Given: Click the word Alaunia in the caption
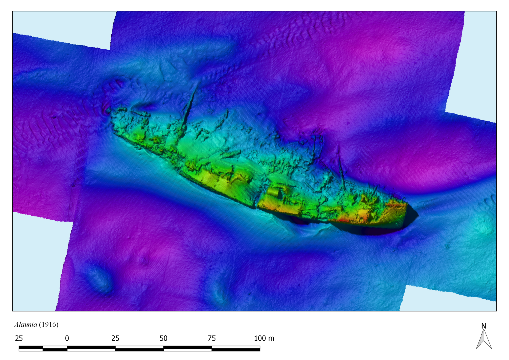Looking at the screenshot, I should pyautogui.click(x=26, y=325).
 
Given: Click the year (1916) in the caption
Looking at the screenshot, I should pyautogui.click(x=49, y=325).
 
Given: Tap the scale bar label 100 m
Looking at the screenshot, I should pyautogui.click(x=264, y=338).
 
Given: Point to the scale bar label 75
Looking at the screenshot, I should pyautogui.click(x=212, y=338).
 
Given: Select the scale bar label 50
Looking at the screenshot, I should pyautogui.click(x=163, y=338).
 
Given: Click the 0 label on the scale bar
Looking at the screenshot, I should pyautogui.click(x=67, y=338).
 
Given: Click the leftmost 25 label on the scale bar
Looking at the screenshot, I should pyautogui.click(x=19, y=338).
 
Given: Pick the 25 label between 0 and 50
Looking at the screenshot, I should pyautogui.click(x=115, y=338).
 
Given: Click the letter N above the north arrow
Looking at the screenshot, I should pyautogui.click(x=484, y=326).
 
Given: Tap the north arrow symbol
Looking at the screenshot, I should pyautogui.click(x=484, y=340).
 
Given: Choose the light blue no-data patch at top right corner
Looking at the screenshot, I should pyautogui.click(x=481, y=60).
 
